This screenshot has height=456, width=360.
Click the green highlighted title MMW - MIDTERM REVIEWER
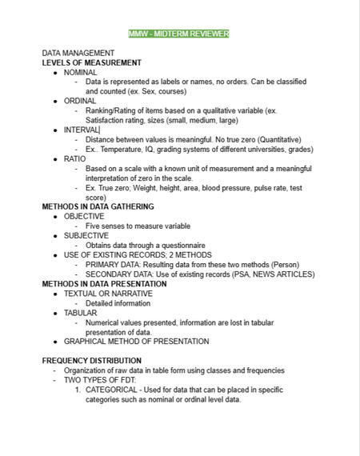[179, 34]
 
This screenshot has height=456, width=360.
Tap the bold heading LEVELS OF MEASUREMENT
[91, 62]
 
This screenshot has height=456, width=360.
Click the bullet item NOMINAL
[80, 72]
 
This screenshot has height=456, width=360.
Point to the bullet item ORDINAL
[80, 101]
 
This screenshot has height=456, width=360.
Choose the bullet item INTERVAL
[82, 130]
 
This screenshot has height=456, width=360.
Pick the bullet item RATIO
[74, 158]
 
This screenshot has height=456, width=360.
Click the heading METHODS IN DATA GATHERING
[98, 206]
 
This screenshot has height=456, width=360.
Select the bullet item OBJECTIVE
[84, 216]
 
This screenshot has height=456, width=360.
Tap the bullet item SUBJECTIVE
[86, 235]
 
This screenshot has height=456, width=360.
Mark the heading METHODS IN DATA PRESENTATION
[104, 283]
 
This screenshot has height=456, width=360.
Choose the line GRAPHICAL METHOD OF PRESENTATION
[136, 341]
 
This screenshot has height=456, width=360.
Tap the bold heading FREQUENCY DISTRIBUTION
[91, 361]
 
